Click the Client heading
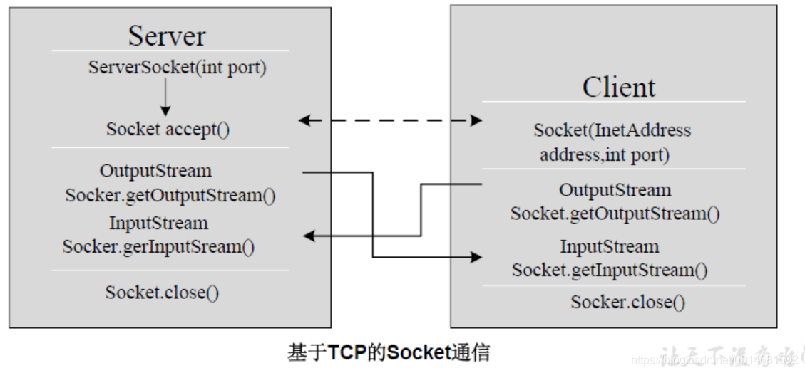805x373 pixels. pos(618,87)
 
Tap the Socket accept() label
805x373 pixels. pos(168,130)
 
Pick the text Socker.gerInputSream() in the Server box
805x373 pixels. pos(158,247)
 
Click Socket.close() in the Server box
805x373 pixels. pos(162,293)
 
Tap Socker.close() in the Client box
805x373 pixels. pos(627,302)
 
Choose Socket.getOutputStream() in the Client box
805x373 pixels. pos(615,214)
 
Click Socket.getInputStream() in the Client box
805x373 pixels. pos(610,270)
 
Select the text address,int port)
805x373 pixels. pos(605,154)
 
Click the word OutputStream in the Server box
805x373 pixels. pos(155,172)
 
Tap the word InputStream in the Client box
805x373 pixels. pos(609,247)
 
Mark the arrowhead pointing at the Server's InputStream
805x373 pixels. pos(308,236)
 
